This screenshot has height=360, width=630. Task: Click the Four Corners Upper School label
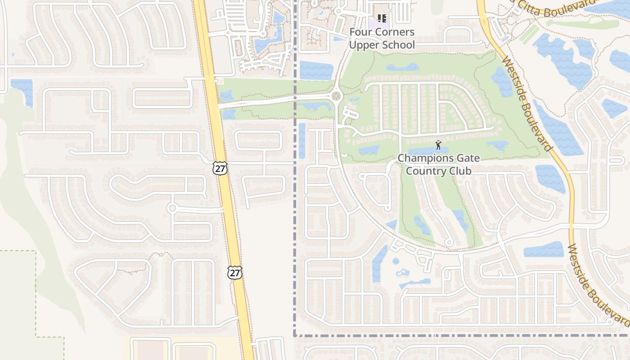(382, 38)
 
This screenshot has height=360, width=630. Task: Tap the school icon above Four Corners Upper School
(382, 18)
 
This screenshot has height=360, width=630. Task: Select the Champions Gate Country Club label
(438, 165)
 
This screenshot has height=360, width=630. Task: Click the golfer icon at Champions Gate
(438, 145)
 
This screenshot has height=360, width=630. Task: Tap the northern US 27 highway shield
(220, 168)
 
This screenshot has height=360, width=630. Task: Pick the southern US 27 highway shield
(234, 272)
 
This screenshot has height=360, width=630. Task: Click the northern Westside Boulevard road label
(526, 103)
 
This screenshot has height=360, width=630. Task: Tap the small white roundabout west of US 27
(172, 208)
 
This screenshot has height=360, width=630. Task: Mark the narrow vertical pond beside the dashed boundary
(301, 140)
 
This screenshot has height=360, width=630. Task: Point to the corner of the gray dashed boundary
(295, 335)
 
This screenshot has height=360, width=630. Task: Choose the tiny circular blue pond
(396, 261)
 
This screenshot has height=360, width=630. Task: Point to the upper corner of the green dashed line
(36, 251)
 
